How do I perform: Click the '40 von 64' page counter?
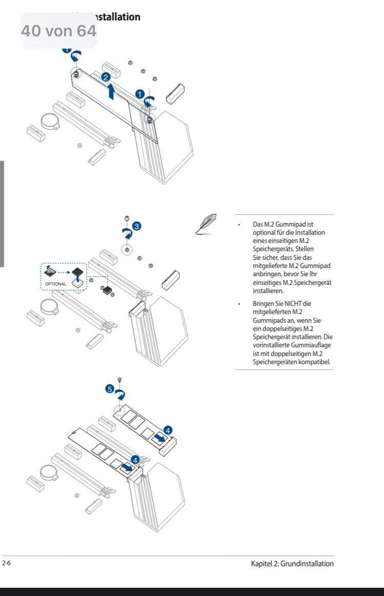58,31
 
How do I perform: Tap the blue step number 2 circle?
105,77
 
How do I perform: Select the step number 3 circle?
136,226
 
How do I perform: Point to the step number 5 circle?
109,389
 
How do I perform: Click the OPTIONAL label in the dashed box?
55,284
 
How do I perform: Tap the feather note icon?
207,224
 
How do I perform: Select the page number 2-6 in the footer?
6,563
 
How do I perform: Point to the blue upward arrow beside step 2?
112,92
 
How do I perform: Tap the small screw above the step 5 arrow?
119,380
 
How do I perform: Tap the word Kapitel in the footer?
262,564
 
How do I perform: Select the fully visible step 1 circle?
139,94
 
